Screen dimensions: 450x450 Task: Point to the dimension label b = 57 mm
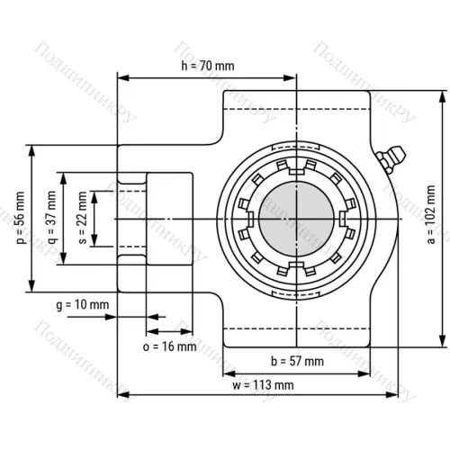coord(297,361)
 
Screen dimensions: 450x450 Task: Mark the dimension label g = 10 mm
coord(82,305)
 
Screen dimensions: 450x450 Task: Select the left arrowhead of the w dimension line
coord(123,394)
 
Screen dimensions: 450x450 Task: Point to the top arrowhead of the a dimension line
coord(441,94)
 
